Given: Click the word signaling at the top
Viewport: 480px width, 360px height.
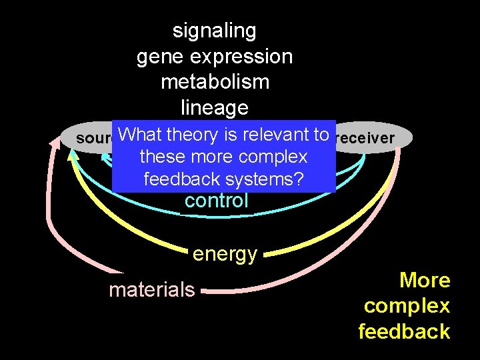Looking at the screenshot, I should tap(214, 31).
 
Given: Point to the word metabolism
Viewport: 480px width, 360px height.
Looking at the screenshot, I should tap(215, 82).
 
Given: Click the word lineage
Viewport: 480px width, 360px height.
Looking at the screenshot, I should tap(215, 107).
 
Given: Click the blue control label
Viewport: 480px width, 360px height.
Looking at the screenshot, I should tap(216, 201).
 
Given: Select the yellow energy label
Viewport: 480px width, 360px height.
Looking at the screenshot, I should tap(225, 254).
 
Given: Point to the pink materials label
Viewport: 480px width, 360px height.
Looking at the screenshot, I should tap(152, 289).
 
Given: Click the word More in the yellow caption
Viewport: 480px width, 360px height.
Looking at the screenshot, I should tap(425, 281).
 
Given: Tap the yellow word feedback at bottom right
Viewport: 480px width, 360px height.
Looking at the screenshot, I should tap(404, 331).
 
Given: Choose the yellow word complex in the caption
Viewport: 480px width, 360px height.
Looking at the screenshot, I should tap(407, 306).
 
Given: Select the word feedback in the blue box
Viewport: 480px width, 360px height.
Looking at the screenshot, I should tap(181, 179).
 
